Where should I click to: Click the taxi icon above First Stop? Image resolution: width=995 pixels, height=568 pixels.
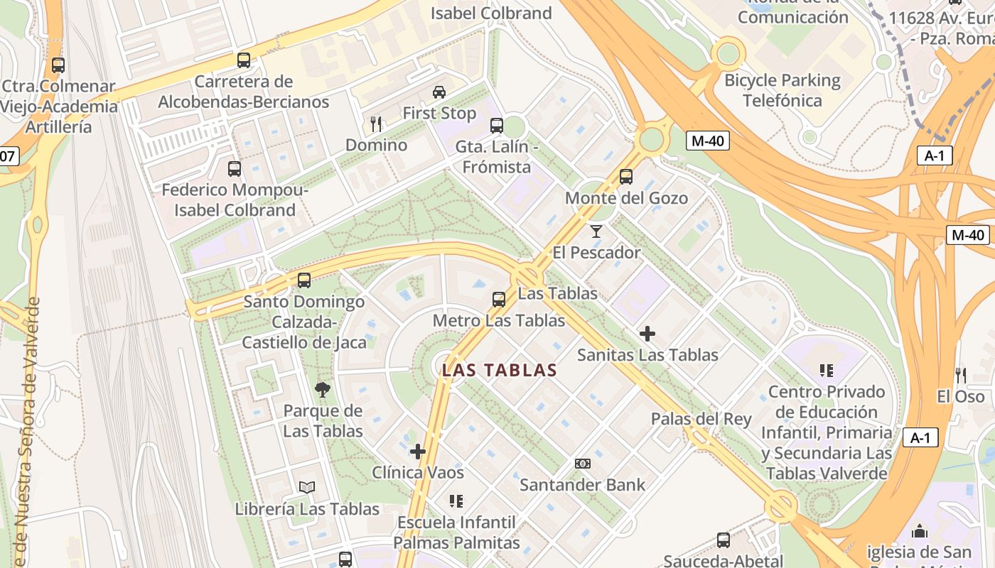click(439, 92)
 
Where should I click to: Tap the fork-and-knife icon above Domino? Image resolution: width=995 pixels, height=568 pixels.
click(376, 124)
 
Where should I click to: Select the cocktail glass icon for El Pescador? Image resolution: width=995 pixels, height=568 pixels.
click(596, 231)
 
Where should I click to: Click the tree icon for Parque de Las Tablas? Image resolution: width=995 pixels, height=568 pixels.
click(323, 389)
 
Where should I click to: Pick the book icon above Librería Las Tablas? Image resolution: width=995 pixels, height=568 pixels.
click(307, 487)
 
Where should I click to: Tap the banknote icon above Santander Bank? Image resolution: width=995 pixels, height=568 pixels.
click(582, 464)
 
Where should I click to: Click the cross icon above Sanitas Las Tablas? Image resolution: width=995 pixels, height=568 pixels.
click(647, 333)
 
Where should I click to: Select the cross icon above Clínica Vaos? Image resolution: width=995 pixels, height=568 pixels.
click(418, 451)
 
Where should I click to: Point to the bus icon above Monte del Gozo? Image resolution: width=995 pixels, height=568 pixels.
click(626, 177)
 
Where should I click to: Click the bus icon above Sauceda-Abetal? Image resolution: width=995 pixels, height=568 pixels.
click(724, 540)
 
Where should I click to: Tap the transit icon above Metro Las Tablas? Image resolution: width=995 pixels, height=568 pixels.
click(499, 300)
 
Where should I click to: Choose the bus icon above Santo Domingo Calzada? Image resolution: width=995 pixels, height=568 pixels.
click(304, 280)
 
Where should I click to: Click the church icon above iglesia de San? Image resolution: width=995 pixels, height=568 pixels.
click(920, 531)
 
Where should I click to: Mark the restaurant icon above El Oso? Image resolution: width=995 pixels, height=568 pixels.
click(961, 375)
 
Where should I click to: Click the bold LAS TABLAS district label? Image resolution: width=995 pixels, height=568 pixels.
click(500, 370)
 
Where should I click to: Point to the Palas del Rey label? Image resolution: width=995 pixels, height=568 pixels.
click(701, 419)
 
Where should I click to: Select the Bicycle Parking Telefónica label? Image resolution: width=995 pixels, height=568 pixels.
click(782, 90)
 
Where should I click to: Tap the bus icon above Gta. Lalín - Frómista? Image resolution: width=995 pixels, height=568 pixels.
click(497, 126)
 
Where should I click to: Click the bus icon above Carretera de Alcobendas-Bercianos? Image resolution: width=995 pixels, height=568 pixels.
click(244, 60)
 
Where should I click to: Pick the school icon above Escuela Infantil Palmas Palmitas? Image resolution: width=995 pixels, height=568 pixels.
click(456, 501)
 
